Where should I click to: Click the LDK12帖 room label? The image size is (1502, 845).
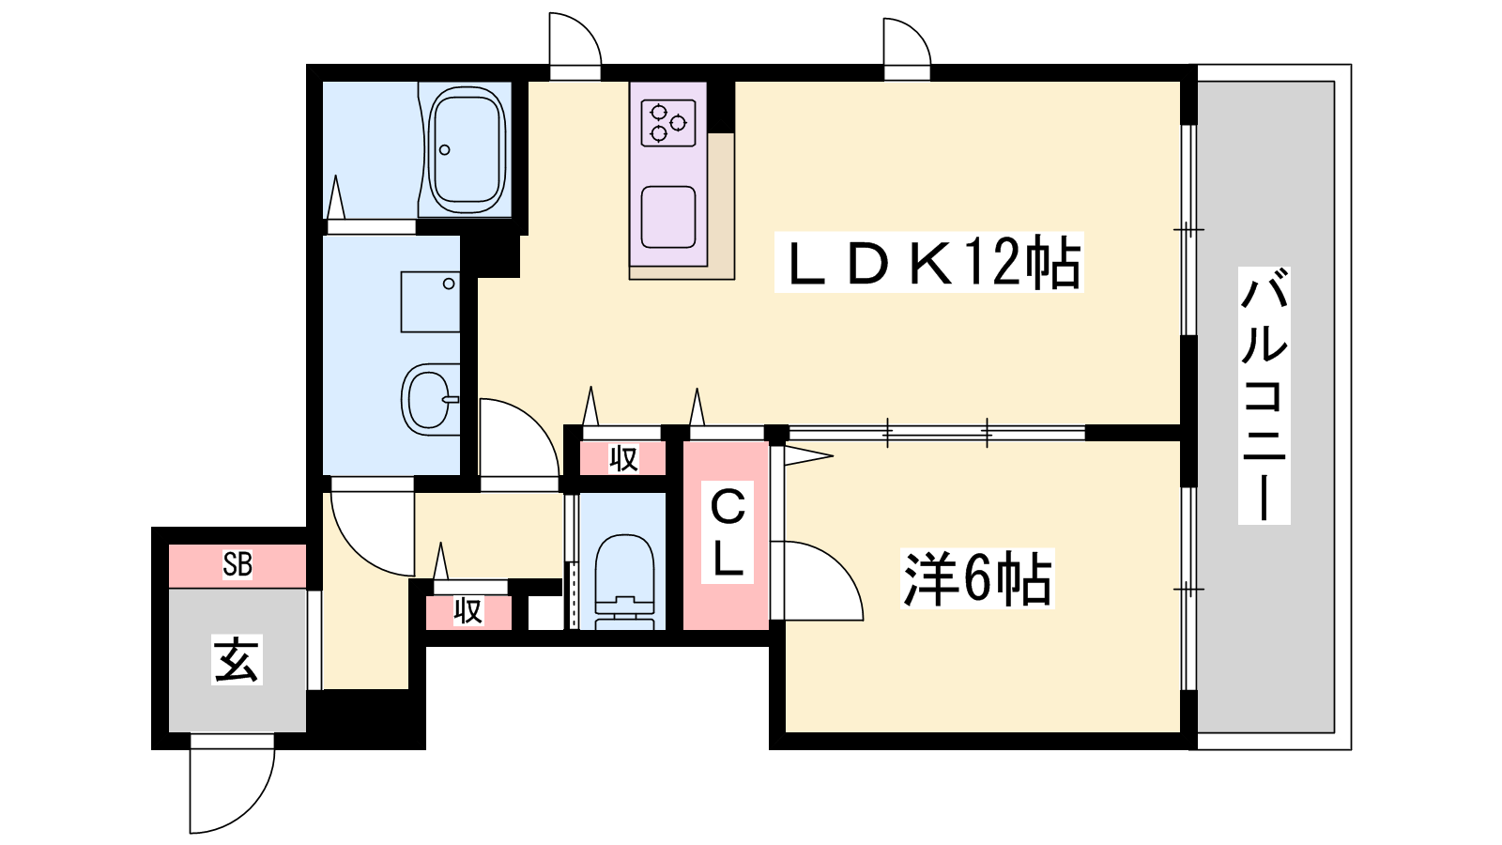pyautogui.click(x=928, y=262)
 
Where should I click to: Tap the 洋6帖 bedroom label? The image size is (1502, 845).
pyautogui.click(x=977, y=578)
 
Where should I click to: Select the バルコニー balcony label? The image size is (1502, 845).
pyautogui.click(x=1264, y=395)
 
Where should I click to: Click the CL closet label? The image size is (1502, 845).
pyautogui.click(x=728, y=532)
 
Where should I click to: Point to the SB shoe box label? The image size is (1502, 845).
pyautogui.click(x=238, y=564)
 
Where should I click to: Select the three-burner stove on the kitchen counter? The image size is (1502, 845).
pyautogui.click(x=667, y=123)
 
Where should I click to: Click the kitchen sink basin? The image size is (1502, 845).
pyautogui.click(x=667, y=217)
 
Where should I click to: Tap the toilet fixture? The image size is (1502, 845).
pyautogui.click(x=624, y=581)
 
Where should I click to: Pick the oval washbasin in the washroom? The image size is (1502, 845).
pyautogui.click(x=430, y=400)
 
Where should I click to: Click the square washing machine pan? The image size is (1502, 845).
pyautogui.click(x=430, y=301)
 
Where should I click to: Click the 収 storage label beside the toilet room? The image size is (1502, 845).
pyautogui.click(x=623, y=459)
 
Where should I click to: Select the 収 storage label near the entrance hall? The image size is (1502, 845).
pyautogui.click(x=468, y=611)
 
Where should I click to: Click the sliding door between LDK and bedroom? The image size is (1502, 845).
pyautogui.click(x=937, y=433)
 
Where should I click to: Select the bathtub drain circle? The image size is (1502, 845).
pyautogui.click(x=445, y=150)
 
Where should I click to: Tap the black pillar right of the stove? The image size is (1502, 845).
pyautogui.click(x=721, y=107)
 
